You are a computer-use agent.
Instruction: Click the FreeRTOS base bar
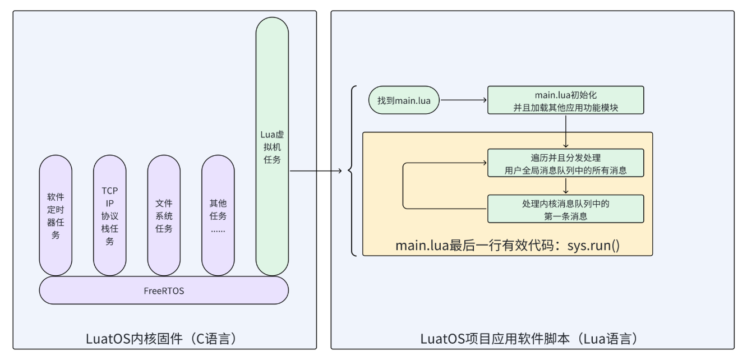[x=163, y=291]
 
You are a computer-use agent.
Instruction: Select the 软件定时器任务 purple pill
[x=56, y=215]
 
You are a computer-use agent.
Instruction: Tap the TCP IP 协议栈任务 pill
[x=110, y=215]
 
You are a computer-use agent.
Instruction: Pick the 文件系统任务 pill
[x=164, y=215]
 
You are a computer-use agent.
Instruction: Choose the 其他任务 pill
[x=218, y=215]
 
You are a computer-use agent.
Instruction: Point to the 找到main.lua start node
[x=404, y=100]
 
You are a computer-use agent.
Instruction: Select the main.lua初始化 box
[x=565, y=100]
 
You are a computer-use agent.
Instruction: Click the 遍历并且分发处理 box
[x=565, y=163]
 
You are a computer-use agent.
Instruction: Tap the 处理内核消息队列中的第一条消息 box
[x=565, y=209]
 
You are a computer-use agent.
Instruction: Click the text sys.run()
[x=593, y=246]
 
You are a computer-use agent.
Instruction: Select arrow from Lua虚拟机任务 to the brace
[x=317, y=170]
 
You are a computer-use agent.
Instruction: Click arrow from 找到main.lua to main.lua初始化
[x=463, y=100]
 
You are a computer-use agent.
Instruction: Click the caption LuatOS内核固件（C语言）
[x=164, y=339]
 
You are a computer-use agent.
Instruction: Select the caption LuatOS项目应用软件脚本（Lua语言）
[x=532, y=339]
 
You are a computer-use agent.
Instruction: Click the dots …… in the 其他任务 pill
[x=218, y=229]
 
